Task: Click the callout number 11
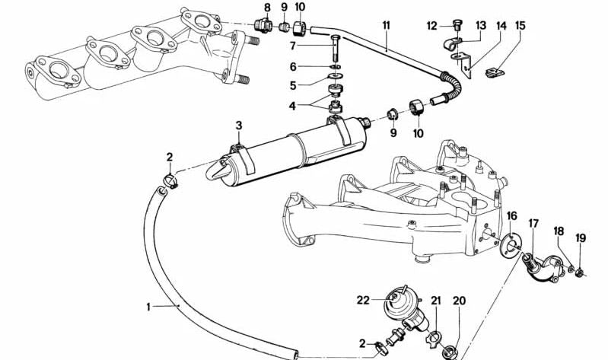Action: pyautogui.click(x=386, y=26)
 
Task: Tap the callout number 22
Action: pyautogui.click(x=363, y=300)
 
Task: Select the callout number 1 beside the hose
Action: pyautogui.click(x=148, y=307)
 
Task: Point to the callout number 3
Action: pyautogui.click(x=239, y=126)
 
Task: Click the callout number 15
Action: pyautogui.click(x=520, y=26)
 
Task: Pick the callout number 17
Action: pyautogui.click(x=533, y=224)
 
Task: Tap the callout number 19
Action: pyautogui.click(x=581, y=237)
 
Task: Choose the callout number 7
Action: pyautogui.click(x=293, y=46)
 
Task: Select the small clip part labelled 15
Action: pyautogui.click(x=495, y=72)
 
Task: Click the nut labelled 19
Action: pyautogui.click(x=580, y=272)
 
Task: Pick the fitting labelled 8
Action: pyautogui.click(x=262, y=25)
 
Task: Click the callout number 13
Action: pyautogui.click(x=481, y=26)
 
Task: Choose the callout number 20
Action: pyautogui.click(x=459, y=301)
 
